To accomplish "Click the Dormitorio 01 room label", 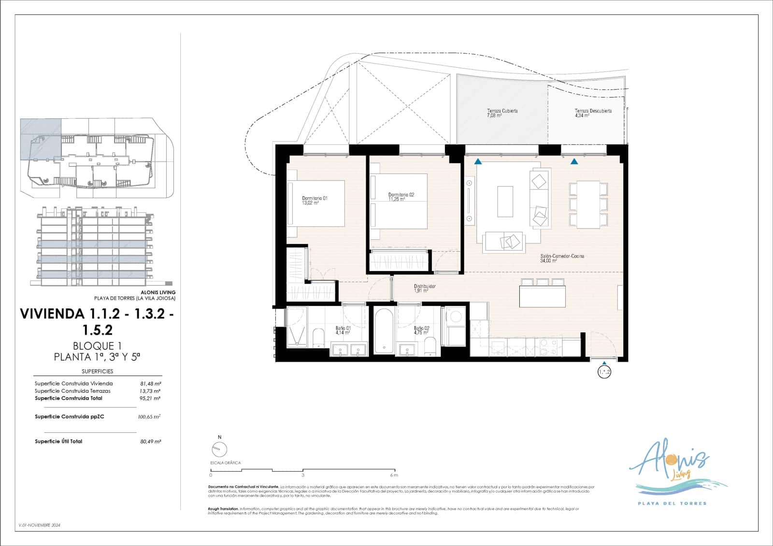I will click(x=315, y=198).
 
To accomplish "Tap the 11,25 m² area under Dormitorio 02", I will click(x=396, y=199).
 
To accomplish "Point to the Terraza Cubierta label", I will click(x=502, y=111).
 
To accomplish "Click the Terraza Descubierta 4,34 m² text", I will click(x=582, y=116).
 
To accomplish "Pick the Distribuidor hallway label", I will click(x=425, y=287).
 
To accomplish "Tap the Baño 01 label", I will click(x=343, y=328).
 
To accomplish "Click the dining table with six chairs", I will click(x=587, y=204).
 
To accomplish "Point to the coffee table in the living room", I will click(x=505, y=201).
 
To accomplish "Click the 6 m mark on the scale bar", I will click(x=396, y=474).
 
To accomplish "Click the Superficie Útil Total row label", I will click(x=58, y=441).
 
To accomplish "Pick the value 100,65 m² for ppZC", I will click(x=149, y=417).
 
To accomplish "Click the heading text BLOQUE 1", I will click(x=97, y=346).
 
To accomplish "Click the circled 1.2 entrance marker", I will click(x=604, y=372).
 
